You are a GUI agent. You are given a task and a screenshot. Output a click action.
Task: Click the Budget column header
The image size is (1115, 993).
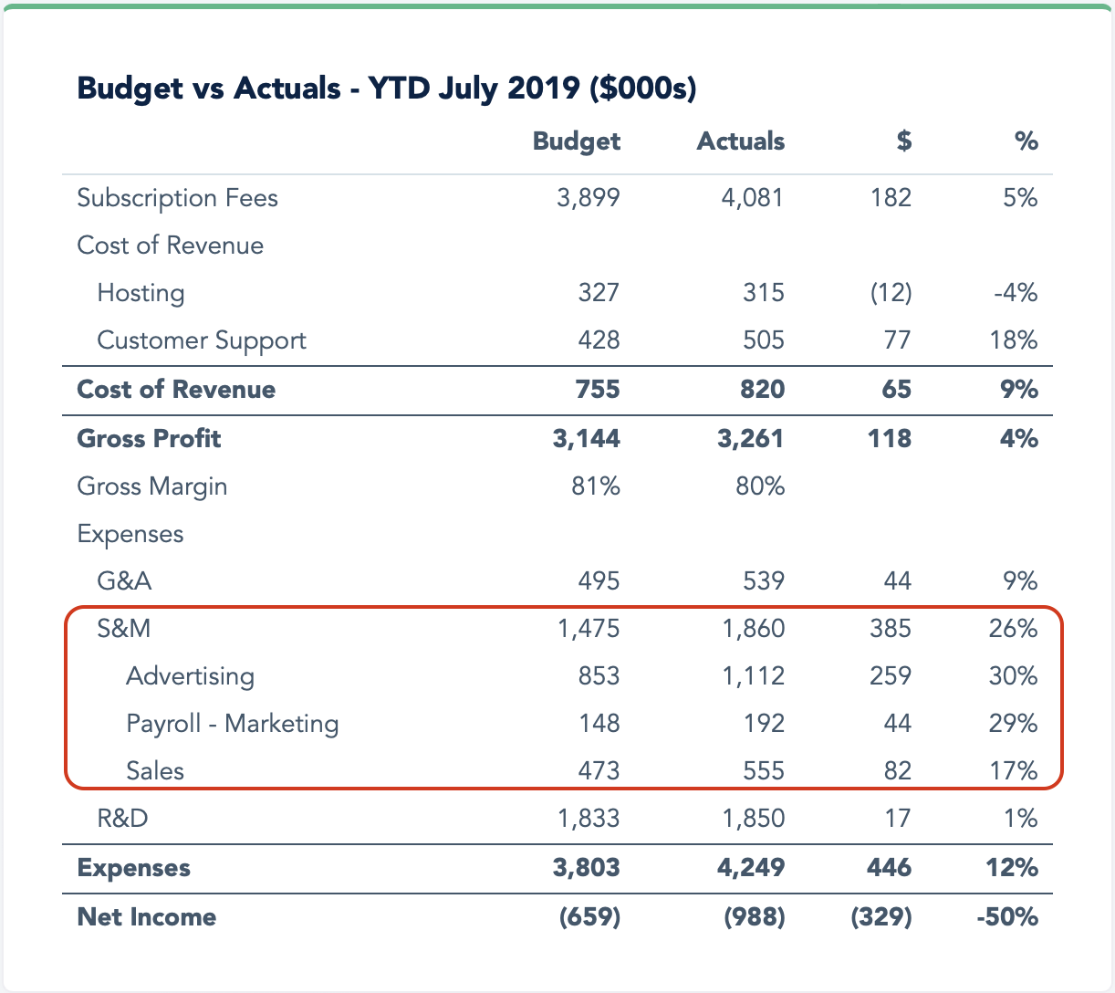tap(576, 141)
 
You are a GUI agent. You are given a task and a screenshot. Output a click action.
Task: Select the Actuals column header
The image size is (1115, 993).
tap(740, 141)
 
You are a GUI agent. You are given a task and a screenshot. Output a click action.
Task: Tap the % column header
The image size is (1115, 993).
tap(1026, 141)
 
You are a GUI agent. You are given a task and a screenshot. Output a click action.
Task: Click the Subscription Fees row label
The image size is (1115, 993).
tap(177, 198)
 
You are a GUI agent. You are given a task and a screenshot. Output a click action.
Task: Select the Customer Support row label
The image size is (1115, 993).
tap(202, 340)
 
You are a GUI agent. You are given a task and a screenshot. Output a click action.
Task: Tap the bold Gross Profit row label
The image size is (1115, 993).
tap(149, 439)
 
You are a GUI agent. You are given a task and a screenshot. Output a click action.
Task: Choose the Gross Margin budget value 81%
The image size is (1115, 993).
tap(595, 486)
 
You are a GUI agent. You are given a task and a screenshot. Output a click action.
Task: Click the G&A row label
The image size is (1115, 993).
tap(124, 581)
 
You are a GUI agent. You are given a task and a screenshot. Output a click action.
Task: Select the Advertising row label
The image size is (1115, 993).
tap(190, 676)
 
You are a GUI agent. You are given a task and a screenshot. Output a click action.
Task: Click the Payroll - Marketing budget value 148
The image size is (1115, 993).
tap(599, 724)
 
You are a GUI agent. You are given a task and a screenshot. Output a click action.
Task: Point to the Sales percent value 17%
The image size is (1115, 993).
tap(1014, 771)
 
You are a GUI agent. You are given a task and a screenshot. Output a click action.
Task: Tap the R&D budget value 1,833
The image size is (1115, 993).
tap(589, 819)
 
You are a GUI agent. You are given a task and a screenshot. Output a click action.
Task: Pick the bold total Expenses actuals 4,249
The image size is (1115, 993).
tap(751, 867)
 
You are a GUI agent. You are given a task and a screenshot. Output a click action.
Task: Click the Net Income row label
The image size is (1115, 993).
tap(147, 917)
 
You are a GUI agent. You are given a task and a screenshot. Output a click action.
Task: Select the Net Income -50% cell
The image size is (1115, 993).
tap(1007, 917)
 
